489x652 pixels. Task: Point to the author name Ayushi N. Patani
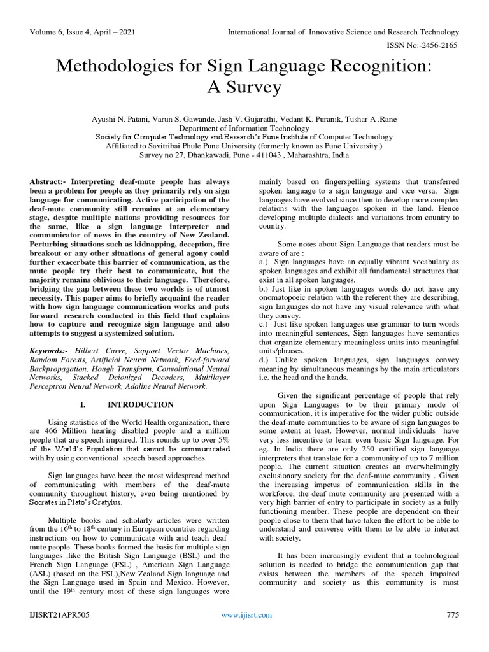(131, 118)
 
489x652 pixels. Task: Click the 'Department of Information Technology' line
(244, 127)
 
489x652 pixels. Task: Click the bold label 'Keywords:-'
(50, 351)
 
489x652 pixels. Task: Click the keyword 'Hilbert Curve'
(94, 351)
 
